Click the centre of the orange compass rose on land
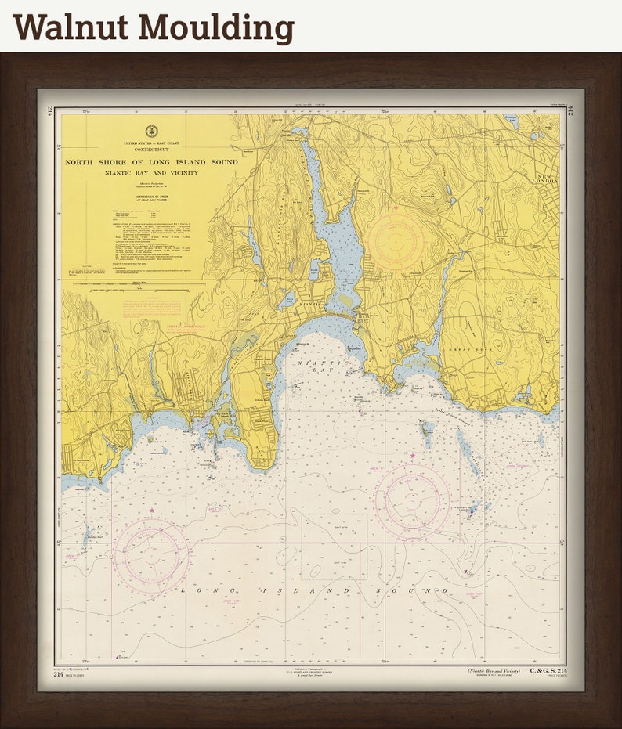pos(396,242)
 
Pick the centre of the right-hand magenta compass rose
pos(412,500)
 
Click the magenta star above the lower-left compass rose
pos(151,511)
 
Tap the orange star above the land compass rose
pos(396,208)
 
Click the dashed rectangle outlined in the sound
pos(333,547)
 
